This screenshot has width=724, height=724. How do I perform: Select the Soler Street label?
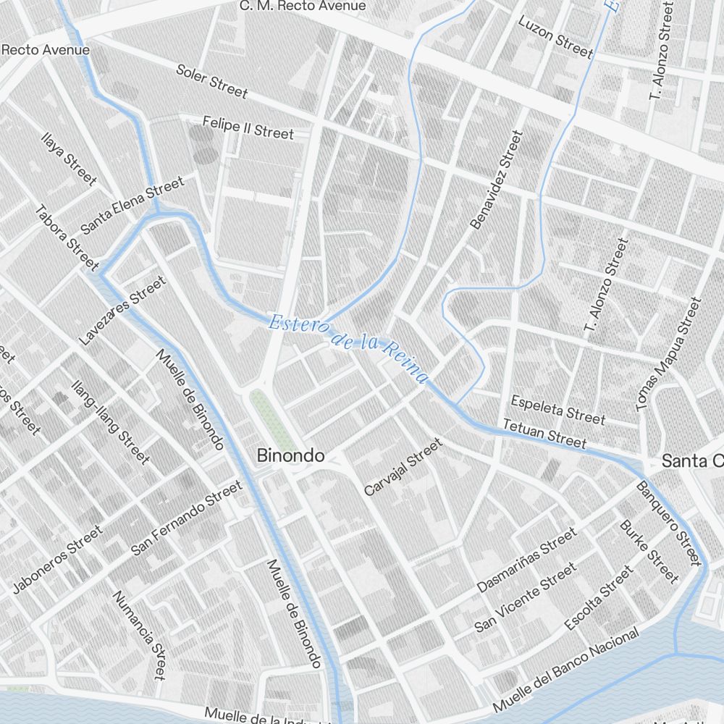(212, 81)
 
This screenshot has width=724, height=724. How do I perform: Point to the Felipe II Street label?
(248, 127)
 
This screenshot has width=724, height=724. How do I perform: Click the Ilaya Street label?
(69, 159)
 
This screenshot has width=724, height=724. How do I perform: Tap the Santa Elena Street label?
(133, 206)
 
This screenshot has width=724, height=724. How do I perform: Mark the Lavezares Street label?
(122, 310)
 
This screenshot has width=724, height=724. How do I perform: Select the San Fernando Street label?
(186, 518)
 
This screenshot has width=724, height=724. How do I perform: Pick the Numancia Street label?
(140, 634)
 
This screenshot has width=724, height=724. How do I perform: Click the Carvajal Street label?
(403, 468)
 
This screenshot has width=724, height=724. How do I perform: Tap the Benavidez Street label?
(496, 180)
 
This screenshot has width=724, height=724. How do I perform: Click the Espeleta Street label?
(557, 409)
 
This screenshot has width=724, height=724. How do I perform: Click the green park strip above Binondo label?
(272, 420)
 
